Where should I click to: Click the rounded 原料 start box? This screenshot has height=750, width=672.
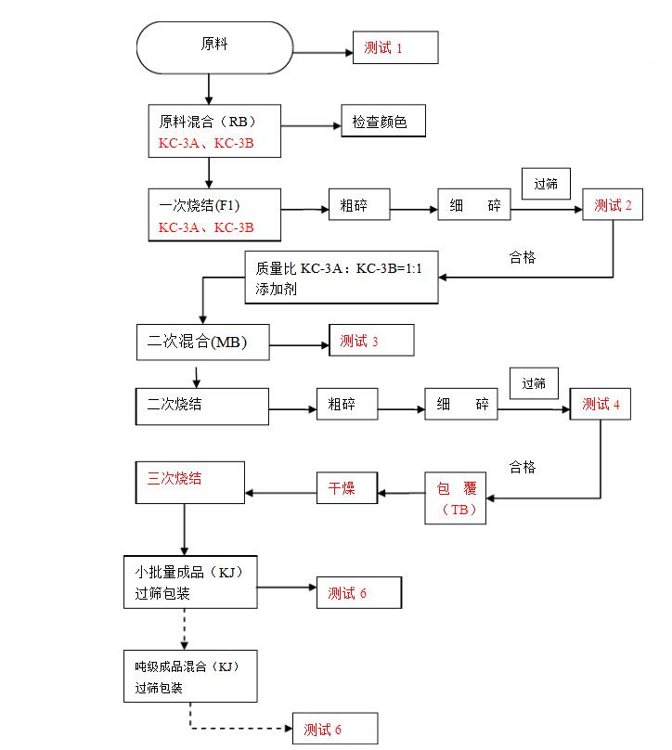pyautogui.click(x=213, y=45)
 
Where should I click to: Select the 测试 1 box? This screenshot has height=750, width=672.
pyautogui.click(x=394, y=47)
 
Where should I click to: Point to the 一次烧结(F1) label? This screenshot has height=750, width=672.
pyautogui.click(x=193, y=205)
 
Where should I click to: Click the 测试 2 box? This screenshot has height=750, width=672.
pyautogui.click(x=613, y=205)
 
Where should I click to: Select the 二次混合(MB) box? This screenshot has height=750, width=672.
pyautogui.click(x=203, y=341)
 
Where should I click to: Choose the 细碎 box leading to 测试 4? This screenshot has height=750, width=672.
pyautogui.click(x=461, y=405)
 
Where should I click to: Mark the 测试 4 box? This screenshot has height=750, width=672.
pyautogui.click(x=601, y=405)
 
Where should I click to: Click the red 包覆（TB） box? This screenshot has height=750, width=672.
pyautogui.click(x=456, y=498)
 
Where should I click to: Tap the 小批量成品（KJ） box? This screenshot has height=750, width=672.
pyautogui.click(x=190, y=582)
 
